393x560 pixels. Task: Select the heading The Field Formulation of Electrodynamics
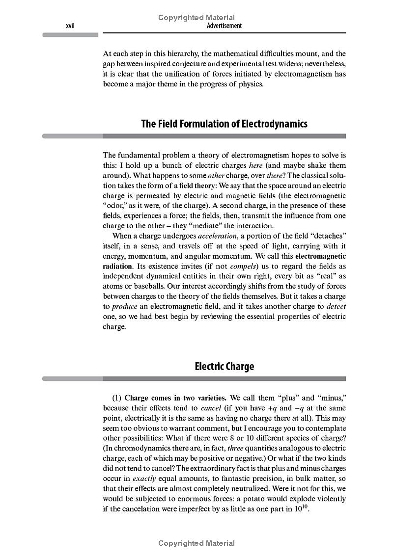[224, 124]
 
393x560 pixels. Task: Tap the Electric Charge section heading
[224, 367]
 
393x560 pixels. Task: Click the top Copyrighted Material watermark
[196, 18]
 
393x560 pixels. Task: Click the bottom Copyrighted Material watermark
[196, 543]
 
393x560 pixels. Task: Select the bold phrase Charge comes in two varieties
[175, 398]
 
